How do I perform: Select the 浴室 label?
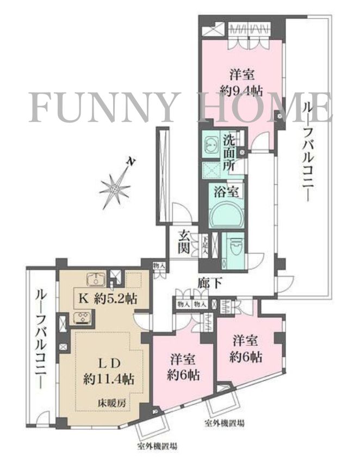(x=228, y=192)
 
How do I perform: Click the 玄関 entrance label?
(x=185, y=243)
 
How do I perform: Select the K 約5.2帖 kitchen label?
(x=108, y=299)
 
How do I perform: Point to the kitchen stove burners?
(x=82, y=319)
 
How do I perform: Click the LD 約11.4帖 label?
(x=109, y=370)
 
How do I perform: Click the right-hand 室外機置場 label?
(x=224, y=423)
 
